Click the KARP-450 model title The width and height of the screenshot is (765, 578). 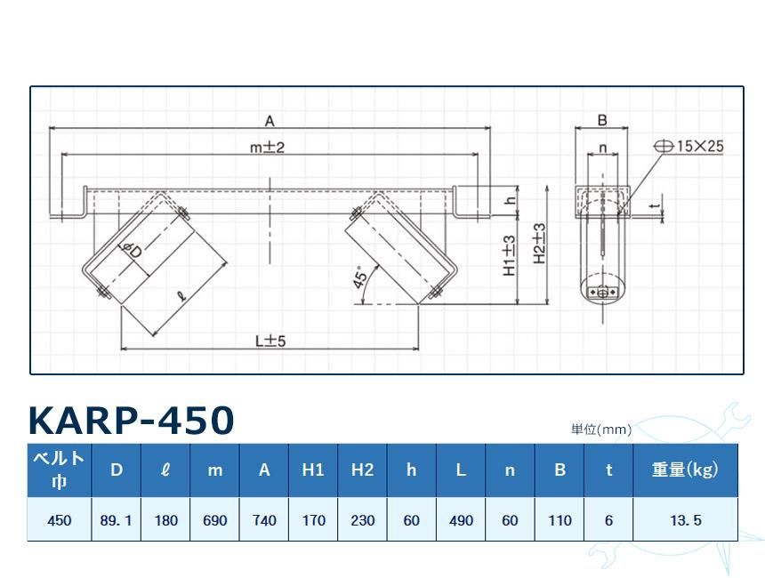tap(132, 420)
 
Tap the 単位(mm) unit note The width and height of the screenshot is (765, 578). tap(601, 429)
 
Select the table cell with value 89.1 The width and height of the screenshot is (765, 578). tap(117, 520)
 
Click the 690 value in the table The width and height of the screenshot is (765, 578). tap(215, 520)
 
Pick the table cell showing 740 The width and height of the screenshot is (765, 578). tap(264, 520)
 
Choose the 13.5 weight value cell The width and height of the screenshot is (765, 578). tap(685, 520)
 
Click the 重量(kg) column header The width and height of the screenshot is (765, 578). tap(685, 470)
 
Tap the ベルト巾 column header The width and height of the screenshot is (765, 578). tap(59, 470)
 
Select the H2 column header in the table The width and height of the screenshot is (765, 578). tap(362, 470)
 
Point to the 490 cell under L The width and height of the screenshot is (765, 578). tap(461, 520)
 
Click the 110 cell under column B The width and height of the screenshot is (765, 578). tap(560, 520)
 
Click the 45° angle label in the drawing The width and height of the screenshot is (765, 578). tap(360, 277)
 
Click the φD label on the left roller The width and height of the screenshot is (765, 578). tap(133, 252)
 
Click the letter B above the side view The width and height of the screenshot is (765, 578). tap(602, 120)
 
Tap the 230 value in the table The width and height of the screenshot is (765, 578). tap(362, 520)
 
